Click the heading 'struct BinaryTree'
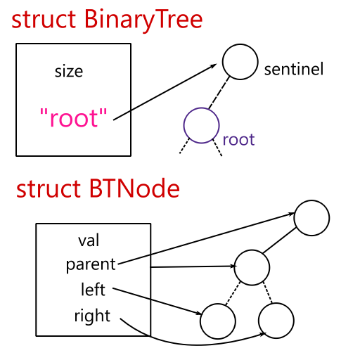(x=107, y=19)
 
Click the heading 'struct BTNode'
(x=98, y=189)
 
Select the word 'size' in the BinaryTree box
(x=69, y=71)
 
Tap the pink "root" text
(x=74, y=118)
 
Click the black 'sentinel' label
(x=293, y=70)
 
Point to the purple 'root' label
(x=238, y=139)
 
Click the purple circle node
(x=202, y=126)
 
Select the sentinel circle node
(x=240, y=61)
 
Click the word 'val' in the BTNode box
(x=89, y=241)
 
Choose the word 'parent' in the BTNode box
(x=90, y=264)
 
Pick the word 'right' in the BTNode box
(x=92, y=316)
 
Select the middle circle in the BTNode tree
(x=252, y=266)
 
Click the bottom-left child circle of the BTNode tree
(x=217, y=321)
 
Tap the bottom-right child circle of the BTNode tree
(x=276, y=321)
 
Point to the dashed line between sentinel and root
(x=220, y=94)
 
